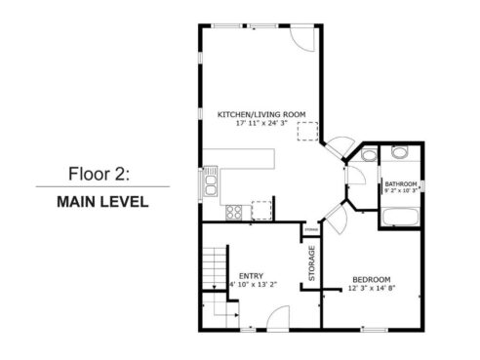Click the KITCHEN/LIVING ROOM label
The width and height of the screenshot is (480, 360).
pyautogui.click(x=260, y=114)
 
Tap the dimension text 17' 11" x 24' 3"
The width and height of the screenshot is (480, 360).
pyautogui.click(x=261, y=124)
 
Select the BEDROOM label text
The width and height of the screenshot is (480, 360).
pyautogui.click(x=372, y=278)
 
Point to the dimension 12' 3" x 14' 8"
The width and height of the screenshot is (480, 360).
pyautogui.click(x=372, y=288)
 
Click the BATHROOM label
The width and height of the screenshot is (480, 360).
pyautogui.click(x=400, y=183)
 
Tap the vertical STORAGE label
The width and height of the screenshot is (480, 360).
pyautogui.click(x=311, y=263)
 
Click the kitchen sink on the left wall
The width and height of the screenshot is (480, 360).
pyautogui.click(x=209, y=182)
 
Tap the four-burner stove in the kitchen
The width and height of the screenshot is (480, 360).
pyautogui.click(x=234, y=212)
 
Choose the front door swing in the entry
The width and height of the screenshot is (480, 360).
pyautogui.click(x=276, y=317)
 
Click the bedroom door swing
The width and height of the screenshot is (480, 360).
pyautogui.click(x=332, y=217)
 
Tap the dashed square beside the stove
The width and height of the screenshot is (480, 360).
pyautogui.click(x=260, y=209)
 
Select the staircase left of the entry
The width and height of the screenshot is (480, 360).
pyautogui.click(x=216, y=271)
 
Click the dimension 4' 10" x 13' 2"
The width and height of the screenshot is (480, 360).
pyautogui.click(x=252, y=285)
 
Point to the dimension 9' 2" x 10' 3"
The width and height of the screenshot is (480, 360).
pyautogui.click(x=401, y=191)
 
